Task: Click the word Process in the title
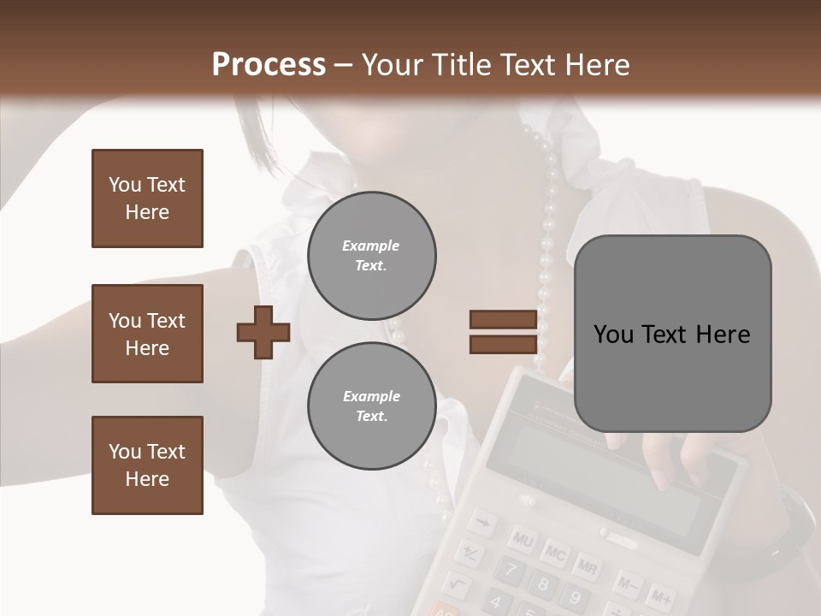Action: point(269,65)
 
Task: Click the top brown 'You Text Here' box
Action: point(147,198)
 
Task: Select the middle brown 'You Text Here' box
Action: point(147,334)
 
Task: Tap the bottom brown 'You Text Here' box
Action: point(147,465)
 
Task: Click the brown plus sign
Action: point(263,332)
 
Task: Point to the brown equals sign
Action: point(503,332)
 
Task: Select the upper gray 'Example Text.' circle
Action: point(371,256)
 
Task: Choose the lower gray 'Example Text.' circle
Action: point(371,406)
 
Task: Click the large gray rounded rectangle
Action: point(672,334)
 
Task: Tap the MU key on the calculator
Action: point(523,539)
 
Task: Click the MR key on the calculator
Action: point(586,566)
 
